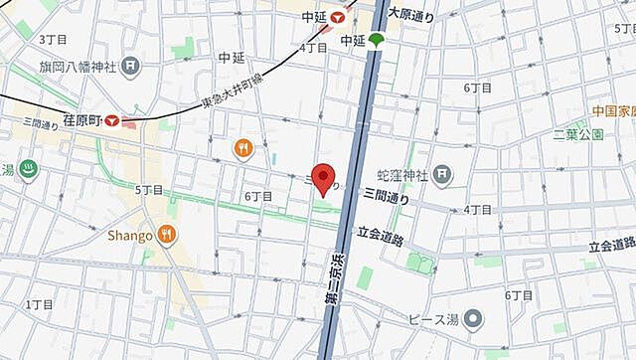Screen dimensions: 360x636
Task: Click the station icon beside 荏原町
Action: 114,120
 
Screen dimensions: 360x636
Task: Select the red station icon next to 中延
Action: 341,17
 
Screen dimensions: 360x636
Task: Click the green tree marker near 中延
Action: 379,41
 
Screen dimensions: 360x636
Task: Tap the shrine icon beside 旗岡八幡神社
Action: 131,65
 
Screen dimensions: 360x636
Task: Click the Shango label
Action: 130,236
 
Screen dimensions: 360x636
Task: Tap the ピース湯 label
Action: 434,319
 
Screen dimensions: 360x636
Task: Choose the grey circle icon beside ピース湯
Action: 475,319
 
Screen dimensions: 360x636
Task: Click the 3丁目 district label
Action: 52,39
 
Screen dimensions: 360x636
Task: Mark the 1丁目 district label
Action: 40,303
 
